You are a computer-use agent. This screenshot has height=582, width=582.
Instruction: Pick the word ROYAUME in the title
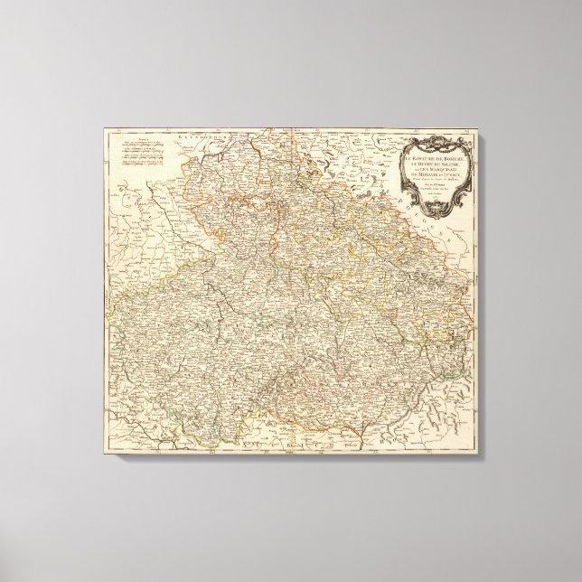point(422,160)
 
